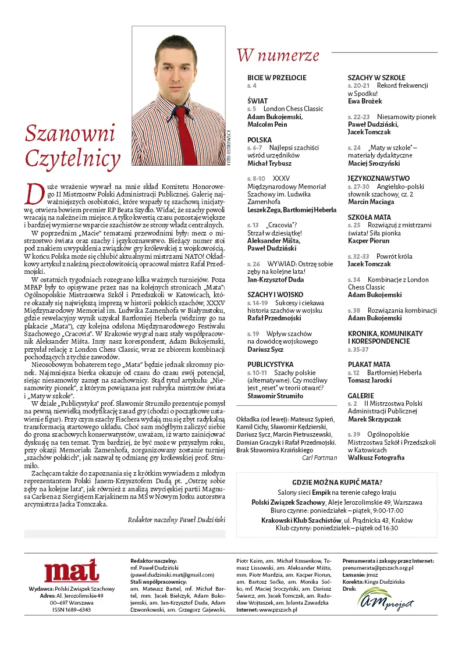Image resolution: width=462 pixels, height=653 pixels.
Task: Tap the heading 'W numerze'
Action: click(278, 55)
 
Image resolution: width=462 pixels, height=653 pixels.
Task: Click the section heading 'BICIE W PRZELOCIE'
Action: click(276, 78)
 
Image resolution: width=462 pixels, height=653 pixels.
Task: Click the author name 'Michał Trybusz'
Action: click(270, 163)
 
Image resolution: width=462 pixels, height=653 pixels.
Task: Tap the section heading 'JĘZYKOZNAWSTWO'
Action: click(379, 179)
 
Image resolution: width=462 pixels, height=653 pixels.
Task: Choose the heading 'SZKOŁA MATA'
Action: click(369, 217)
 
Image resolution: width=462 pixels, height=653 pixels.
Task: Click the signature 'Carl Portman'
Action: click(319, 458)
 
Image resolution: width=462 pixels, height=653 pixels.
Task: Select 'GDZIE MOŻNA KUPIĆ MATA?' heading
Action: click(337, 482)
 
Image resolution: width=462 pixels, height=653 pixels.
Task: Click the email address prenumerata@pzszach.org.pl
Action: click(378, 568)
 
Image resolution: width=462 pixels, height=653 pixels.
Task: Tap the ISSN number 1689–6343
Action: click(72, 610)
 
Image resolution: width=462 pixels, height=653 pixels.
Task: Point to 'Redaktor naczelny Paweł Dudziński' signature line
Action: click(176, 520)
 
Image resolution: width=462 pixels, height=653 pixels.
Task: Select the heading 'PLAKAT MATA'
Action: click(369, 365)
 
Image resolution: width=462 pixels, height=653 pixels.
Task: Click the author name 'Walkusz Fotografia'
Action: click(376, 458)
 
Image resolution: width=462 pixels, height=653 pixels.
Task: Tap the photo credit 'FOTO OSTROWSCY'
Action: click(229, 148)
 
